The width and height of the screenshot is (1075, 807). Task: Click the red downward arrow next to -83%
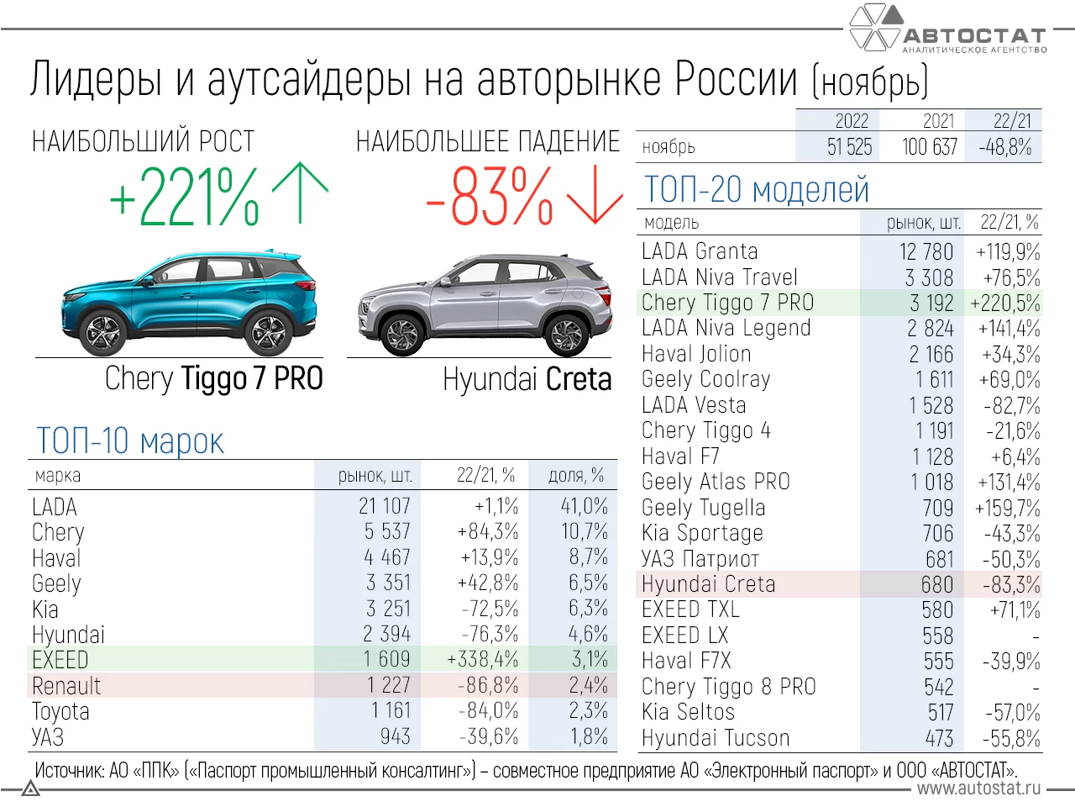coord(595,195)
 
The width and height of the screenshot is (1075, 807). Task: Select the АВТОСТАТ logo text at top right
coord(974,36)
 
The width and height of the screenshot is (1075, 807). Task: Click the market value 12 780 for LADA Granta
coord(926,252)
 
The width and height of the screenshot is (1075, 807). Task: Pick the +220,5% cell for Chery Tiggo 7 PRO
coord(1004,303)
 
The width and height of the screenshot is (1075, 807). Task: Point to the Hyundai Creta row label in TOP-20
coord(708,584)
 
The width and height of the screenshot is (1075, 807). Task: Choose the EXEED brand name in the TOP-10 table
coord(60,660)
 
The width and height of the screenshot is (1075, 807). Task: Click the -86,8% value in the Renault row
coord(488,686)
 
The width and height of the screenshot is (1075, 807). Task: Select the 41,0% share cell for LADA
coord(584,507)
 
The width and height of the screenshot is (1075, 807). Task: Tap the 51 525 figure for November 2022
coord(849,147)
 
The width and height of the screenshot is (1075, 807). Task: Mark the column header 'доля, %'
coord(575,476)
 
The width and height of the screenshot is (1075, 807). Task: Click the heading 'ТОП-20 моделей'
coord(756,190)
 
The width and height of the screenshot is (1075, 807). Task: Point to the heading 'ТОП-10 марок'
coord(130,441)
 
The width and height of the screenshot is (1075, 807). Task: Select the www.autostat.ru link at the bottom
coord(978,789)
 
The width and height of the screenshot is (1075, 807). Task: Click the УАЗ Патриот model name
coord(700,559)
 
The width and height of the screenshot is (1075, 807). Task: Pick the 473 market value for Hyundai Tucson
coord(939,739)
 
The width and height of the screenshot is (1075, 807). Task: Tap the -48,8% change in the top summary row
coord(1004,147)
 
